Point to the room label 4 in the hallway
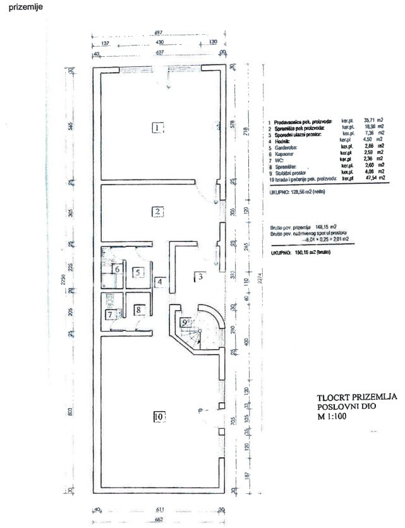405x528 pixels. [160, 282]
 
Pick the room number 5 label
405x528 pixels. [139, 273]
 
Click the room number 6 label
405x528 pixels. [117, 269]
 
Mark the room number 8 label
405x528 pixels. [139, 309]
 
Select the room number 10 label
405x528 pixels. [158, 416]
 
